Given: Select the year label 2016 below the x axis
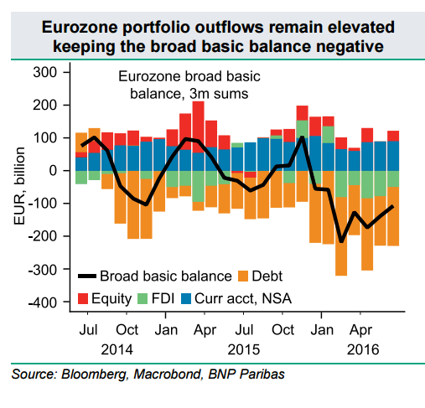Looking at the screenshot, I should pyautogui.click(x=363, y=348).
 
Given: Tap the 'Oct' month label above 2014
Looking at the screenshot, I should pyautogui.click(x=127, y=329).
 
